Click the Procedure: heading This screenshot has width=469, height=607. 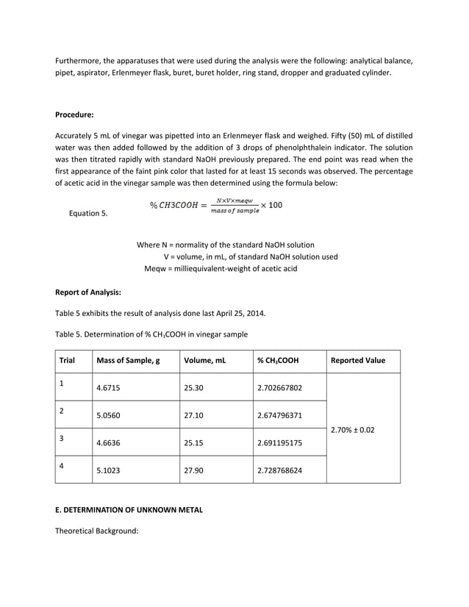pos(74,115)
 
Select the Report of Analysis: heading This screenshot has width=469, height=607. pos(88,292)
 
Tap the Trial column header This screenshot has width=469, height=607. pos(68,361)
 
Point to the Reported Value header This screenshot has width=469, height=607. pos(358,361)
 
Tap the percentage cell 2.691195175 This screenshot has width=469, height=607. pos(279,443)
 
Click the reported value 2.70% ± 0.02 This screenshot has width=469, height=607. pos(353,429)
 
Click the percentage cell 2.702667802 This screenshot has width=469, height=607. pos(279,388)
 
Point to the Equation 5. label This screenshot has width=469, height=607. pos(88,214)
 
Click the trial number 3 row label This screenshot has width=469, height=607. pos(62,439)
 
